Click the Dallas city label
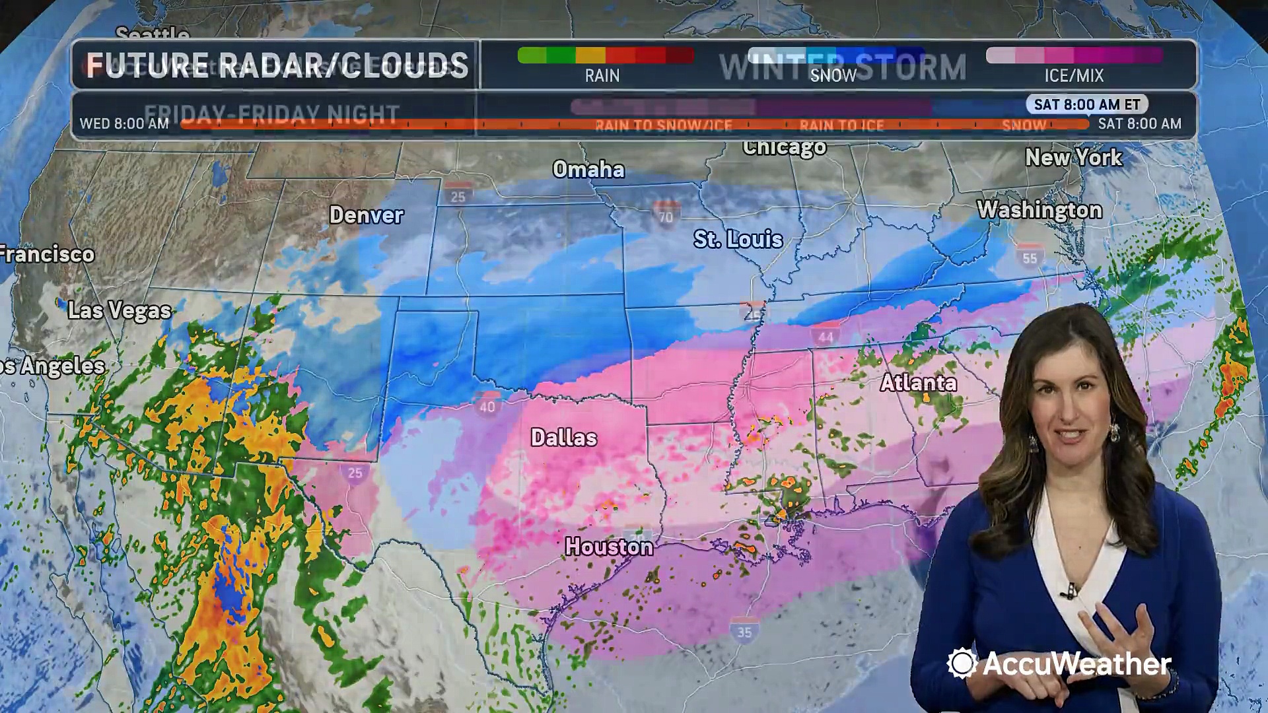[564, 438]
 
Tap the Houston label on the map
[609, 547]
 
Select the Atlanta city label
[918, 383]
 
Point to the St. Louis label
[738, 239]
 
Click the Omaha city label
[588, 170]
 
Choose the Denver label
[366, 215]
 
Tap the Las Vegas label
[120, 310]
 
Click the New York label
[1073, 158]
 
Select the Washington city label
[1039, 210]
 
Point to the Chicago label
[784, 147]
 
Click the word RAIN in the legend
[602, 76]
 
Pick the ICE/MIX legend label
[1074, 76]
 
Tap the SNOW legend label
[833, 76]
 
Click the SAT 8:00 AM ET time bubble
[1087, 104]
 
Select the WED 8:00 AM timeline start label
[124, 123]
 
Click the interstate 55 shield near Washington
[1030, 257]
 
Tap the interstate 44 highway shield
[826, 335]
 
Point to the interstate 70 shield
[666, 215]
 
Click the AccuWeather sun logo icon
[962, 663]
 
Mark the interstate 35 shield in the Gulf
[744, 631]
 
